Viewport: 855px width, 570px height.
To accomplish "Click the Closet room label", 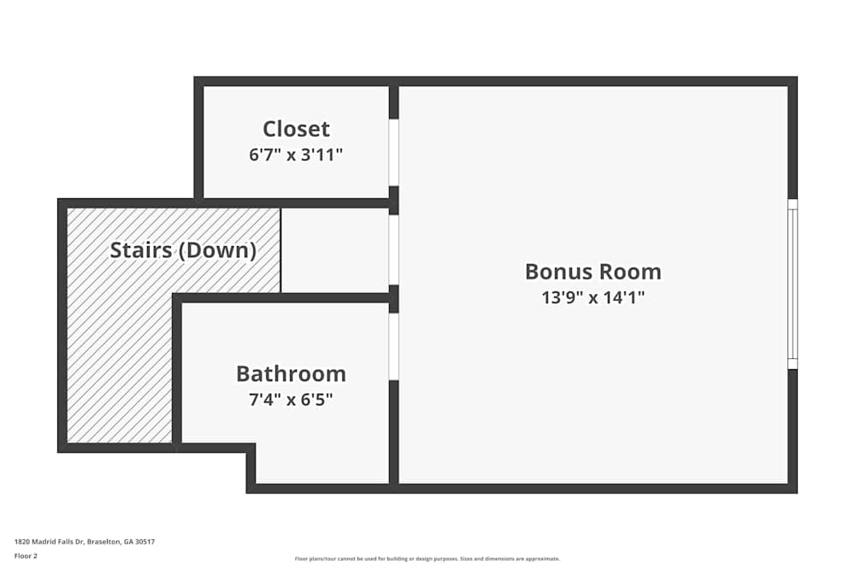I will click(296, 129).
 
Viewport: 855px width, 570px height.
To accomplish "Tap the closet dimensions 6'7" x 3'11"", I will click(296, 155).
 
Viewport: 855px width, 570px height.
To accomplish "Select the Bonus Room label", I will click(593, 272).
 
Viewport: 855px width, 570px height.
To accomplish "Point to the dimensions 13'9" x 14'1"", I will click(593, 297).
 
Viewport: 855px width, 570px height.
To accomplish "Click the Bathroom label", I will click(291, 374).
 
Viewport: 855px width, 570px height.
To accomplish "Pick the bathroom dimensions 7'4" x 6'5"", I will click(291, 399).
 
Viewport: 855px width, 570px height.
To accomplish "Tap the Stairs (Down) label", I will click(183, 250).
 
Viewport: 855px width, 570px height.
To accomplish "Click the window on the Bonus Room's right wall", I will click(792, 284).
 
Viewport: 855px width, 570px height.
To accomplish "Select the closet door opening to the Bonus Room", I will click(393, 152).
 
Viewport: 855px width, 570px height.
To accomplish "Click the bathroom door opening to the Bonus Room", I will click(393, 346).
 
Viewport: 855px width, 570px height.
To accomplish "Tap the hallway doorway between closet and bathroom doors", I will click(393, 250).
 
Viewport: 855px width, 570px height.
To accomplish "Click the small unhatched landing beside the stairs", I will click(334, 250).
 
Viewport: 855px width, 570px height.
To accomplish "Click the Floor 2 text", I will click(26, 555).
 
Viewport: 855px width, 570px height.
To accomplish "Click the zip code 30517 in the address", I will click(145, 542).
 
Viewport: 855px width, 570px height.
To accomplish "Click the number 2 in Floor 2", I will click(35, 555).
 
